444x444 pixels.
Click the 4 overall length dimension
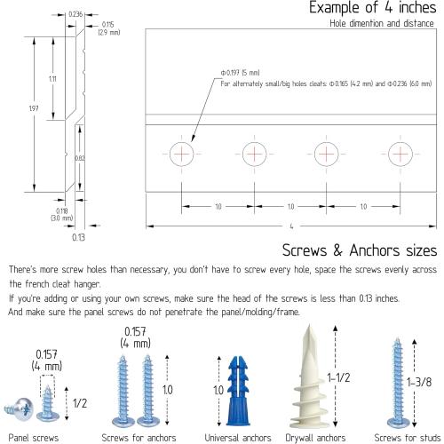291,226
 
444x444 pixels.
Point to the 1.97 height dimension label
34,108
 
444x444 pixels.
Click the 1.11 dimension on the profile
52,79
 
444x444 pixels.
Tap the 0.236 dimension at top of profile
75,14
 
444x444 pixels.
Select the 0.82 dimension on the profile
79,158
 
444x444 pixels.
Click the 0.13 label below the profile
78,237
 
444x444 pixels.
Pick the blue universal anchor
238,391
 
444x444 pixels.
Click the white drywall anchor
309,377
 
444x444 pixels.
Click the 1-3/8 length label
419,382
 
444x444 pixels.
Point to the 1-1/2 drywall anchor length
338,377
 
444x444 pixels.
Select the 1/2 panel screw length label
80,403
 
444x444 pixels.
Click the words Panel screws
34,438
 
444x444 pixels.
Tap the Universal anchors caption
238,438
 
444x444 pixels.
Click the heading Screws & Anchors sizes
360,250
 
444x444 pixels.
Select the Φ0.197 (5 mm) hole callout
241,73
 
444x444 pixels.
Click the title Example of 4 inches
373,7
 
